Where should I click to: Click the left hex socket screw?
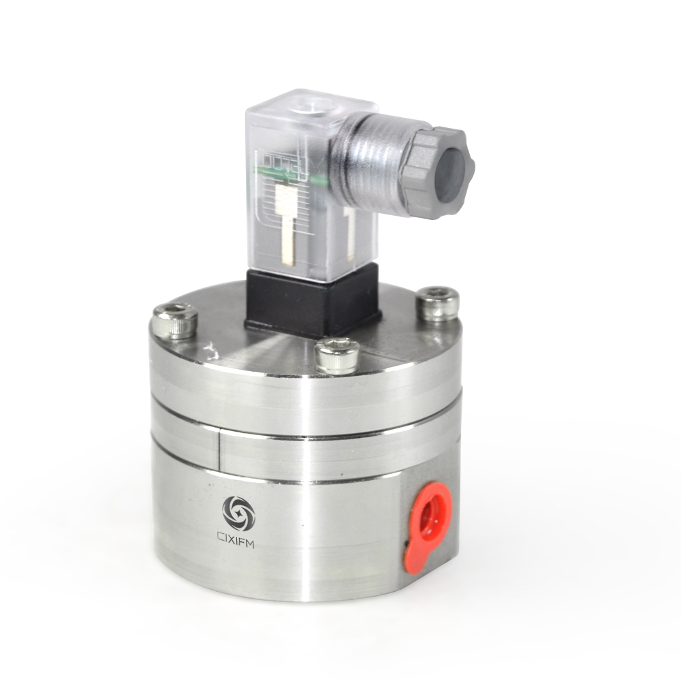point(174,319)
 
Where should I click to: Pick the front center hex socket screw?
point(337,354)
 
